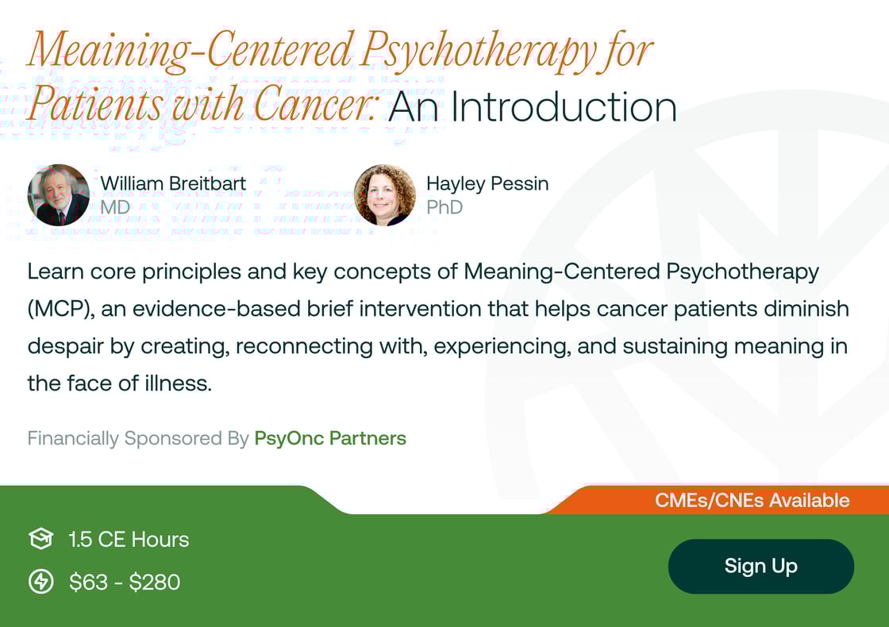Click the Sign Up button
[760, 566]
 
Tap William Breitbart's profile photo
[58, 194]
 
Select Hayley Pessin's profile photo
[384, 194]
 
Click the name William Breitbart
[173, 183]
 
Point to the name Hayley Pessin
[487, 183]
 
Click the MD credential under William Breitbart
[115, 207]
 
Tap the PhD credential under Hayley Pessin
[444, 207]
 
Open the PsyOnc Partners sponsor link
[330, 438]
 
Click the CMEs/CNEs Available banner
[752, 501]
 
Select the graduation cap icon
[40, 540]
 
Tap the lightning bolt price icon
[40, 582]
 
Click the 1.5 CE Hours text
[129, 540]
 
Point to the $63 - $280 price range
[125, 583]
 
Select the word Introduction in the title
[564, 107]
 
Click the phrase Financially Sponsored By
[138, 438]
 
